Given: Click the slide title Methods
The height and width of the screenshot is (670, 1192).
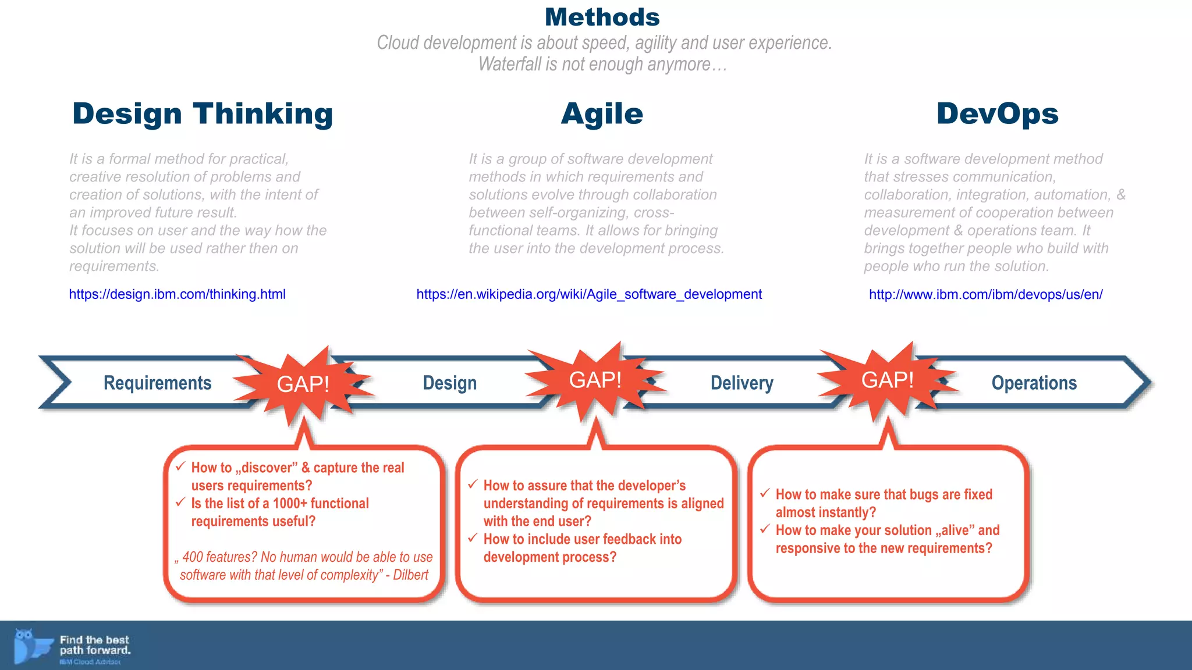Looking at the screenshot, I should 602,17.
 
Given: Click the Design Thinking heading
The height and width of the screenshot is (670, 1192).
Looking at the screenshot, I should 203,114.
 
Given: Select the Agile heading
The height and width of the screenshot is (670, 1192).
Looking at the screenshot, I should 602,114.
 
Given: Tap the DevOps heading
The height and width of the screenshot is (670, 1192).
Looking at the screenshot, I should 997,114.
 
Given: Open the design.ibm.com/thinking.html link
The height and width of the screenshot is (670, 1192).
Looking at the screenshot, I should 177,294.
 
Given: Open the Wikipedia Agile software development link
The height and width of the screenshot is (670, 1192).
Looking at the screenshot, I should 588,294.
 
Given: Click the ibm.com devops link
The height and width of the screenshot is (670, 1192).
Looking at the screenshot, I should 985,294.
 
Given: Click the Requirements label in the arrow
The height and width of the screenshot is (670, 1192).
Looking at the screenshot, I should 157,383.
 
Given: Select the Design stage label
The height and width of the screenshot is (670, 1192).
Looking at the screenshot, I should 449,383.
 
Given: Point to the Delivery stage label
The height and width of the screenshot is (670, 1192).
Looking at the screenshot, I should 742,383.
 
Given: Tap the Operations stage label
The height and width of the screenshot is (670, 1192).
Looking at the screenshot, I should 1034,383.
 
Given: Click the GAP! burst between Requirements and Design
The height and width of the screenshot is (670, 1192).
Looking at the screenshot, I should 303,384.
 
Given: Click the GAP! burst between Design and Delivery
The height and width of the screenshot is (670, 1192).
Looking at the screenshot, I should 595,380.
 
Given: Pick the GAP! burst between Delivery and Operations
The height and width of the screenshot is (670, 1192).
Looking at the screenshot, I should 887,380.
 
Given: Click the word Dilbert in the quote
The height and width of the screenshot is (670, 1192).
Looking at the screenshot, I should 410,575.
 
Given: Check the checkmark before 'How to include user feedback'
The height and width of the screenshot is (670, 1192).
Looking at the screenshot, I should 473,538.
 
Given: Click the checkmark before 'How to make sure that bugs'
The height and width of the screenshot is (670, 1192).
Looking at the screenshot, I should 765,493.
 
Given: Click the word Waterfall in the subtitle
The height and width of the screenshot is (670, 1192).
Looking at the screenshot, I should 510,64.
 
